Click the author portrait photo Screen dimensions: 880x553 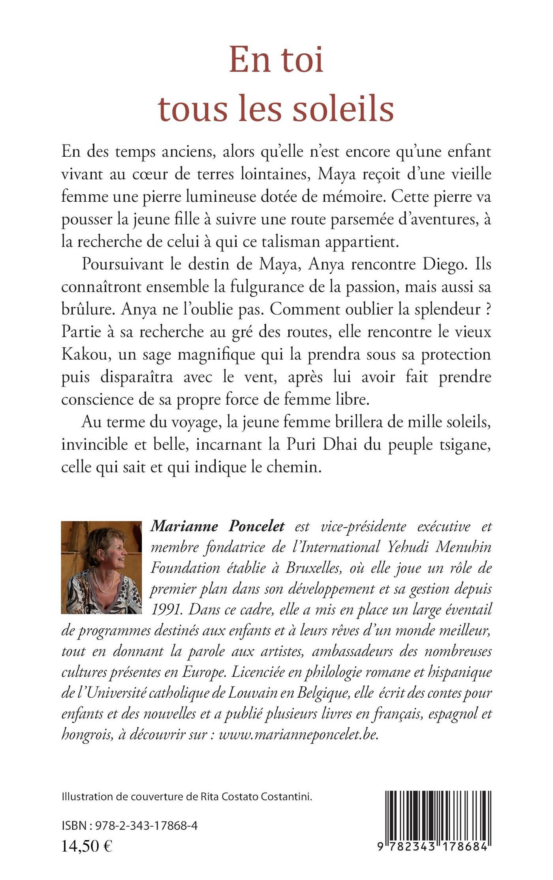tap(102, 567)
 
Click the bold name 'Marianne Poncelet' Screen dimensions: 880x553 tap(218, 526)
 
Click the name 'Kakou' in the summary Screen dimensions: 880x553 tap(81, 354)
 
